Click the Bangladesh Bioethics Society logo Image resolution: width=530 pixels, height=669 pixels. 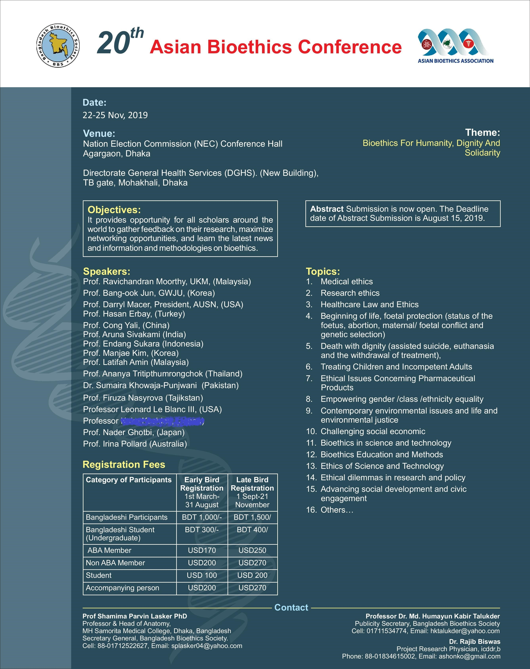(58, 46)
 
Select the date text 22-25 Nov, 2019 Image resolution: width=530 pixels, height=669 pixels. (115, 115)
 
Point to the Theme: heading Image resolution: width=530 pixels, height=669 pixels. (482, 132)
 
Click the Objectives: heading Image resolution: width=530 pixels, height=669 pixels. (114, 210)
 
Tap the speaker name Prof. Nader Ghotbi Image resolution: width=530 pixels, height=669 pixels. (134, 432)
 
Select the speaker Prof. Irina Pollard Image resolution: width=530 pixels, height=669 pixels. (135, 444)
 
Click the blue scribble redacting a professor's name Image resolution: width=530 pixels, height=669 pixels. (162, 421)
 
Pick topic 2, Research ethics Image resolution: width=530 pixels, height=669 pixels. (350, 293)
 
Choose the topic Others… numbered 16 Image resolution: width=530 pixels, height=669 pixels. (337, 510)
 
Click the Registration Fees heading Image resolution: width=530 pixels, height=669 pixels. (124, 464)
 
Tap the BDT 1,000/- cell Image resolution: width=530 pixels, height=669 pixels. (202, 517)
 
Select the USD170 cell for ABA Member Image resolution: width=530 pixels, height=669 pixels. (202, 550)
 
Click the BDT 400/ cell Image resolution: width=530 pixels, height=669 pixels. (252, 530)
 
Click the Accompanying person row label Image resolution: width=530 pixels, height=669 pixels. (122, 588)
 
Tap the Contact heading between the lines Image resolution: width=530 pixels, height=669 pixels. (291, 608)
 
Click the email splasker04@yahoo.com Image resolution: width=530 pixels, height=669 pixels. (207, 646)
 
